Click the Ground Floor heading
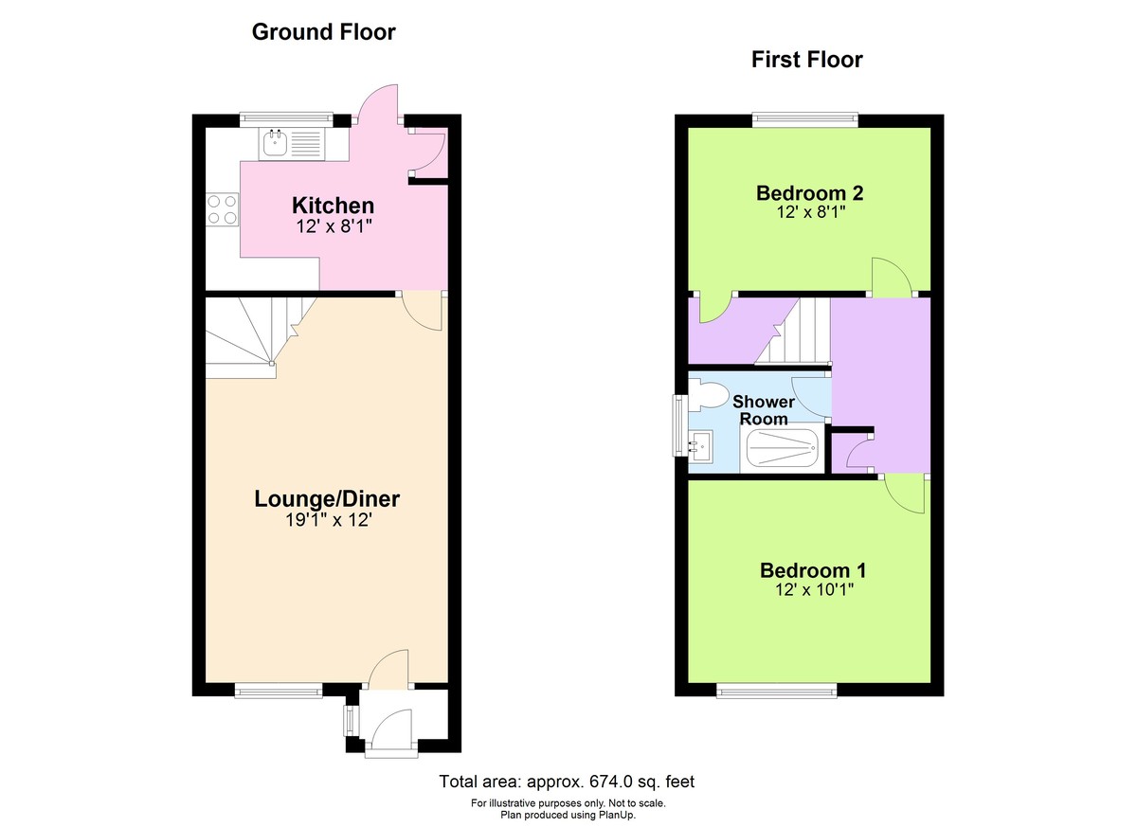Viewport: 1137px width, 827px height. point(323,32)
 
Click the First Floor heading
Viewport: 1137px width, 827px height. point(806,60)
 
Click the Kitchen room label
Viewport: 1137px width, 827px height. point(333,206)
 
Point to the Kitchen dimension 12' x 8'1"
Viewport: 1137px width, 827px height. point(333,226)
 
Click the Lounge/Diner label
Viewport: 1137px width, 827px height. point(327,498)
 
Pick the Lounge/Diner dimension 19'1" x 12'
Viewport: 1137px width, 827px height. point(327,520)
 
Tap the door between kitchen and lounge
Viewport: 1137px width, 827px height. point(424,311)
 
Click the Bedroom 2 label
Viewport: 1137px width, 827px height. point(809,193)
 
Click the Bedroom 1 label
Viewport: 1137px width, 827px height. point(813,570)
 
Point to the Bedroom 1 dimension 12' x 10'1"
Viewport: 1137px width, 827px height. point(813,590)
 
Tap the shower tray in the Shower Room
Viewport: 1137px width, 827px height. point(782,448)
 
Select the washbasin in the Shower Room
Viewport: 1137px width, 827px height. point(701,443)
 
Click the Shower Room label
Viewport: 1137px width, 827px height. point(764,410)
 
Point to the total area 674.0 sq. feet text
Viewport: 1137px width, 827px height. point(567,782)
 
